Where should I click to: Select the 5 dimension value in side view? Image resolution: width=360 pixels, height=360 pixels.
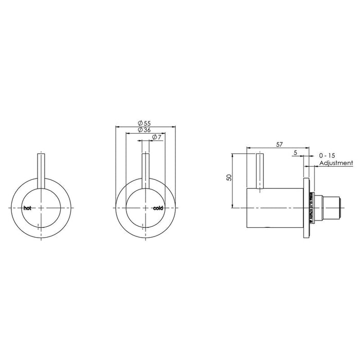pos(295,153)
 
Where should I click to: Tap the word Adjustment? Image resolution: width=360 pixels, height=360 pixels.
pos(336,163)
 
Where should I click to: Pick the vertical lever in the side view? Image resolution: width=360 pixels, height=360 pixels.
pos(260,171)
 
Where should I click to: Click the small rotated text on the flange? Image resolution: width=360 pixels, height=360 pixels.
pos(312,208)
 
